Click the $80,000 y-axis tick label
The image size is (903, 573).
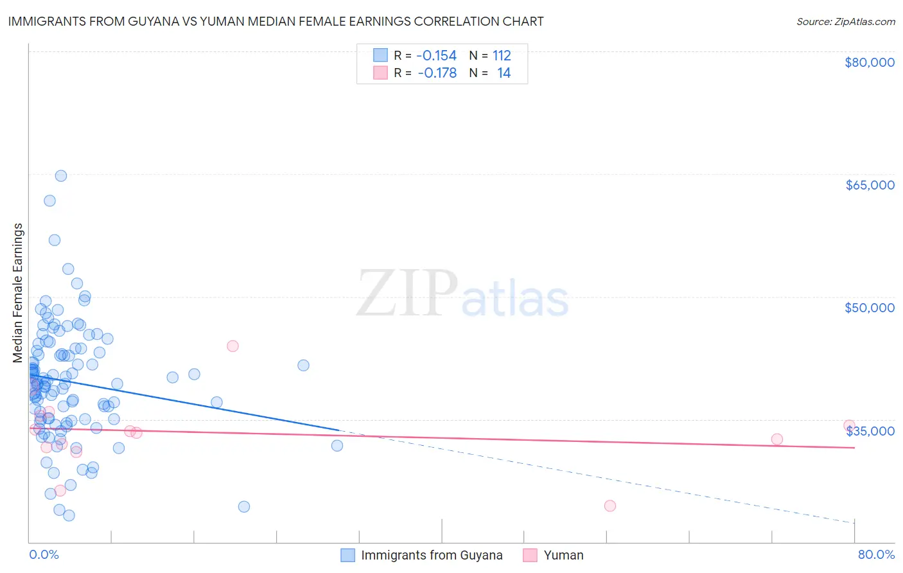click(869, 62)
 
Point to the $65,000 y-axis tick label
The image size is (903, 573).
click(869, 185)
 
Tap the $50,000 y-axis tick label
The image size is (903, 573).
click(869, 308)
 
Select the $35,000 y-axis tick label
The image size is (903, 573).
click(869, 431)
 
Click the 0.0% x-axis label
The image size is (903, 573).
click(44, 554)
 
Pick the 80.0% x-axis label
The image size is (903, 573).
click(876, 554)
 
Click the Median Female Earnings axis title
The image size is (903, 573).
click(18, 293)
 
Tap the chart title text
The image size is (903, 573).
click(276, 21)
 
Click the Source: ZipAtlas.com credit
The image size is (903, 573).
click(845, 21)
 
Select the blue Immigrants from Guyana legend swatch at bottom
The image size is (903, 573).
click(347, 555)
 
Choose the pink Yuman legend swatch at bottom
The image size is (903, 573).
click(530, 555)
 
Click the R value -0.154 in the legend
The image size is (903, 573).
click(437, 55)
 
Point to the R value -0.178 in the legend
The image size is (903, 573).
click(437, 73)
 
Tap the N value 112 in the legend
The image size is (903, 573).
click(502, 55)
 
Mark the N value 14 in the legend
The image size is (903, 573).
click(504, 73)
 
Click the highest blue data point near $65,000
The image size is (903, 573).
click(61, 176)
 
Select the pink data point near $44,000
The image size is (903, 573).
click(232, 346)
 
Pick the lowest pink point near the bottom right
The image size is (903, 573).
click(610, 506)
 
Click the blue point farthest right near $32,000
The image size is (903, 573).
click(337, 445)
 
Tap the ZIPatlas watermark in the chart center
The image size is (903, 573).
click(462, 294)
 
